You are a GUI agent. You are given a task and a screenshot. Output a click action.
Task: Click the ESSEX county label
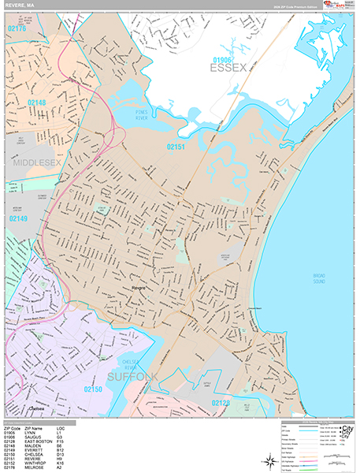[228, 69]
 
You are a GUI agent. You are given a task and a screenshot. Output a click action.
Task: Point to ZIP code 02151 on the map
[176, 146]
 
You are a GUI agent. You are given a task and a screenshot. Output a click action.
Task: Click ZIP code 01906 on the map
[223, 58]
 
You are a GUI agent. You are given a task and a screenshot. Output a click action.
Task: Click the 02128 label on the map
[221, 403]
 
